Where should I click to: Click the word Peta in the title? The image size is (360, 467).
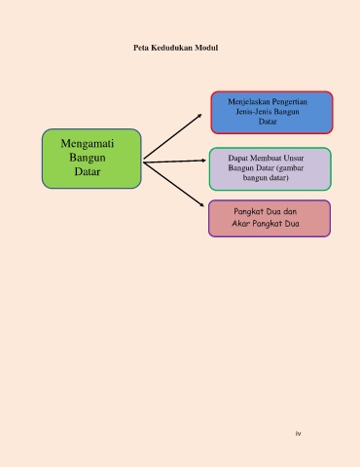(141, 48)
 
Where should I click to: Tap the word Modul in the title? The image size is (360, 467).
(206, 48)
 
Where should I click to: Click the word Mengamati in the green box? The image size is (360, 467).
(88, 144)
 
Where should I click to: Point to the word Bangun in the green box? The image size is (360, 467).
(88, 158)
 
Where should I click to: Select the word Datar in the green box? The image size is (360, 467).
(88, 171)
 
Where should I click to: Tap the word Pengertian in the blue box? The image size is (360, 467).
(290, 102)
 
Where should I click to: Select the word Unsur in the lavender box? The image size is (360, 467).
(294, 158)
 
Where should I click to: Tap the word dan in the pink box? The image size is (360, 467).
(290, 211)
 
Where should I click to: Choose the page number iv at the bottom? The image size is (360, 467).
(298, 433)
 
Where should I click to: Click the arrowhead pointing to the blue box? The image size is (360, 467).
(199, 116)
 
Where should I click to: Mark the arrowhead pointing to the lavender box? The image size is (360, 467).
(203, 161)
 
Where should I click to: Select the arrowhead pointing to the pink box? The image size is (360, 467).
(201, 204)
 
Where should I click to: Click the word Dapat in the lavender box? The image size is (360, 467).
(237, 158)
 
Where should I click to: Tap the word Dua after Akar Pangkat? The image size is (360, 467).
(292, 224)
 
